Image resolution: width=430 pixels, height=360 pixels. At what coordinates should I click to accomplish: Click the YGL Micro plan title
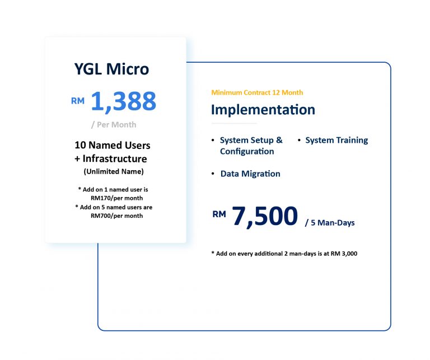click(111, 69)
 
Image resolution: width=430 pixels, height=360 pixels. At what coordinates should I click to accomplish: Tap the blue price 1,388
click(123, 102)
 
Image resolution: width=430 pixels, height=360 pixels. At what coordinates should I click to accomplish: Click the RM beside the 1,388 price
click(78, 101)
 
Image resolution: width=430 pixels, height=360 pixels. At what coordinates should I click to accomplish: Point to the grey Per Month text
click(114, 125)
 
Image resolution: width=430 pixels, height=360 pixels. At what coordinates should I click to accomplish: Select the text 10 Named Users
click(113, 145)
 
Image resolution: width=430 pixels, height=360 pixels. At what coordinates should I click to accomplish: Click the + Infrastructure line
click(111, 158)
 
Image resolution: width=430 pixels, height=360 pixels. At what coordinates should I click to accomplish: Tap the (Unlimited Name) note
click(114, 172)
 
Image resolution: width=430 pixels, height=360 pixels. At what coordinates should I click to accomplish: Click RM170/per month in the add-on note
click(117, 198)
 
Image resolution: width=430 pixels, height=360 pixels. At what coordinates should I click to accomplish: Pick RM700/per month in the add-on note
click(117, 216)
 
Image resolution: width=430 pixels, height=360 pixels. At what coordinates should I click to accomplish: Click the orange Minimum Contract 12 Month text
click(257, 92)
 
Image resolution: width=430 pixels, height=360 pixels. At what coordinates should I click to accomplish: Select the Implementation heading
click(263, 110)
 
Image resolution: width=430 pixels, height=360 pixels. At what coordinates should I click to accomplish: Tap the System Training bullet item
click(336, 140)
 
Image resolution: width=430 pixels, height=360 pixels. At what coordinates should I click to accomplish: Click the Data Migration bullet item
click(250, 174)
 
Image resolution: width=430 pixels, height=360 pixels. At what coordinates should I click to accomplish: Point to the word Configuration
click(247, 151)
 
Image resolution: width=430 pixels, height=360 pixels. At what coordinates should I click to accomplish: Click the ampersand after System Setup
click(279, 140)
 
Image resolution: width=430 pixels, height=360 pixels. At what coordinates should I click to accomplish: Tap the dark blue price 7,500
click(265, 216)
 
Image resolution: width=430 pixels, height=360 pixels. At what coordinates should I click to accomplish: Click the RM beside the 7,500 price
click(219, 214)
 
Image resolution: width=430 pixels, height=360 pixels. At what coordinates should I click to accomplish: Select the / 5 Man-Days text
click(330, 223)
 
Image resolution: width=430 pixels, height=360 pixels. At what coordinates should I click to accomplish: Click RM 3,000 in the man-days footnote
click(344, 254)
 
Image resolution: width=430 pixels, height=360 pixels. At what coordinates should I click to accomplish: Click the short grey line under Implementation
click(234, 124)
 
